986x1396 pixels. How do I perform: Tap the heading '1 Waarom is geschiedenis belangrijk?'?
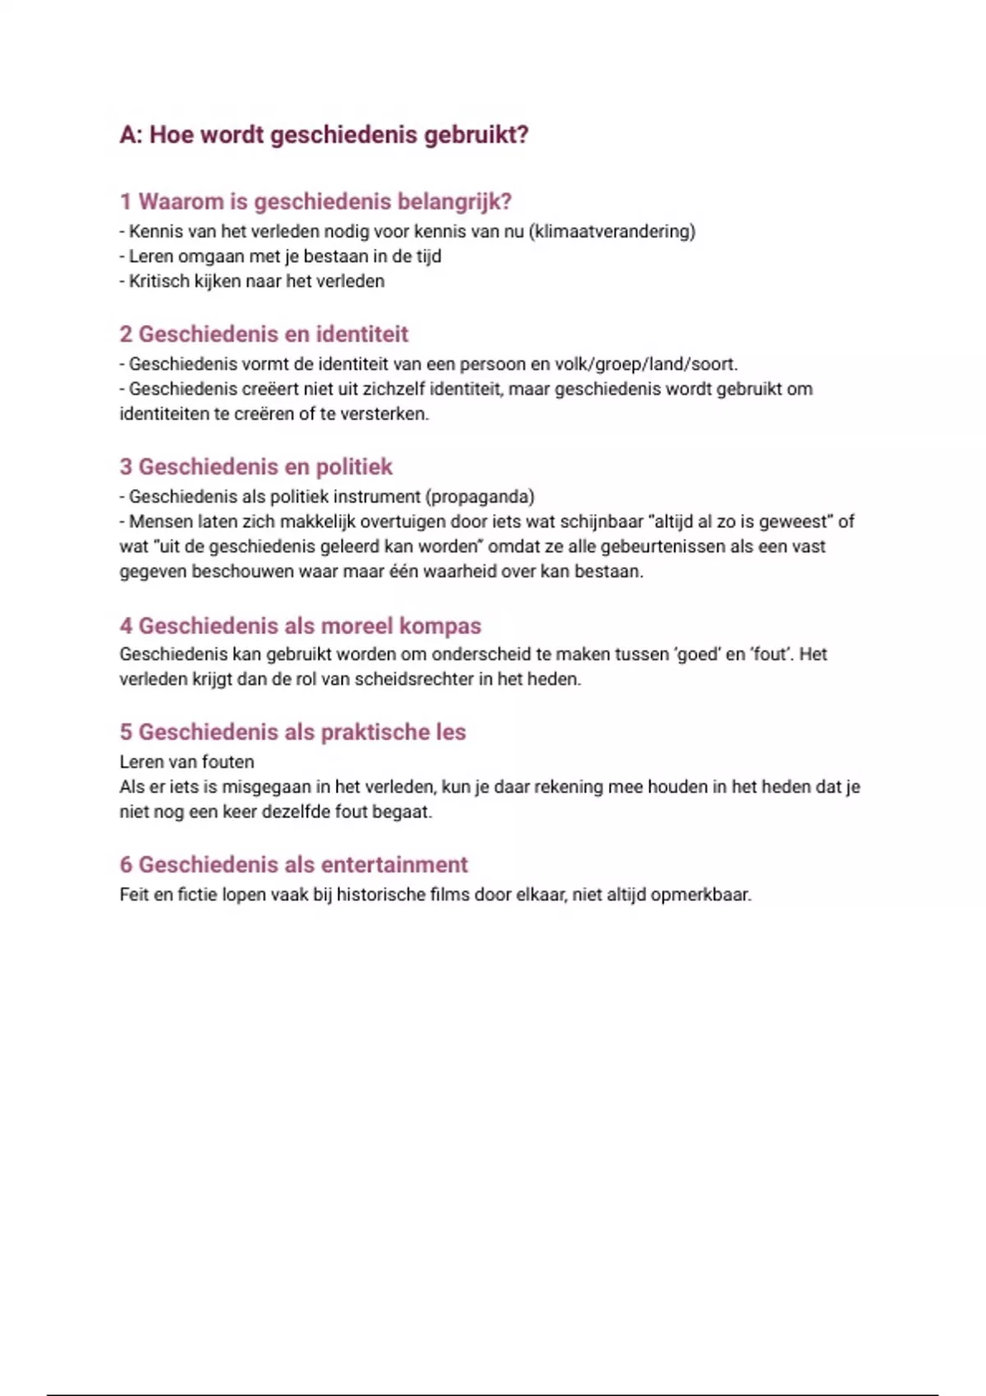coord(316,201)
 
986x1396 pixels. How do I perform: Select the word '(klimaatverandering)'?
coord(612,232)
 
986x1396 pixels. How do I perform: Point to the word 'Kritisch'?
coord(158,282)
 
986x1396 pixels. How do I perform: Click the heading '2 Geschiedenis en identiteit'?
coord(264,334)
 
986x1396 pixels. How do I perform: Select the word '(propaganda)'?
coord(480,497)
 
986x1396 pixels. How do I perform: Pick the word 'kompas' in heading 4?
coord(440,626)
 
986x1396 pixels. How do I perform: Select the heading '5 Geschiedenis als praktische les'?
coord(293,732)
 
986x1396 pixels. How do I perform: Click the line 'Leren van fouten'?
coord(187,762)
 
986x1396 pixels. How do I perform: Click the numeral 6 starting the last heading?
coord(126,865)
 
